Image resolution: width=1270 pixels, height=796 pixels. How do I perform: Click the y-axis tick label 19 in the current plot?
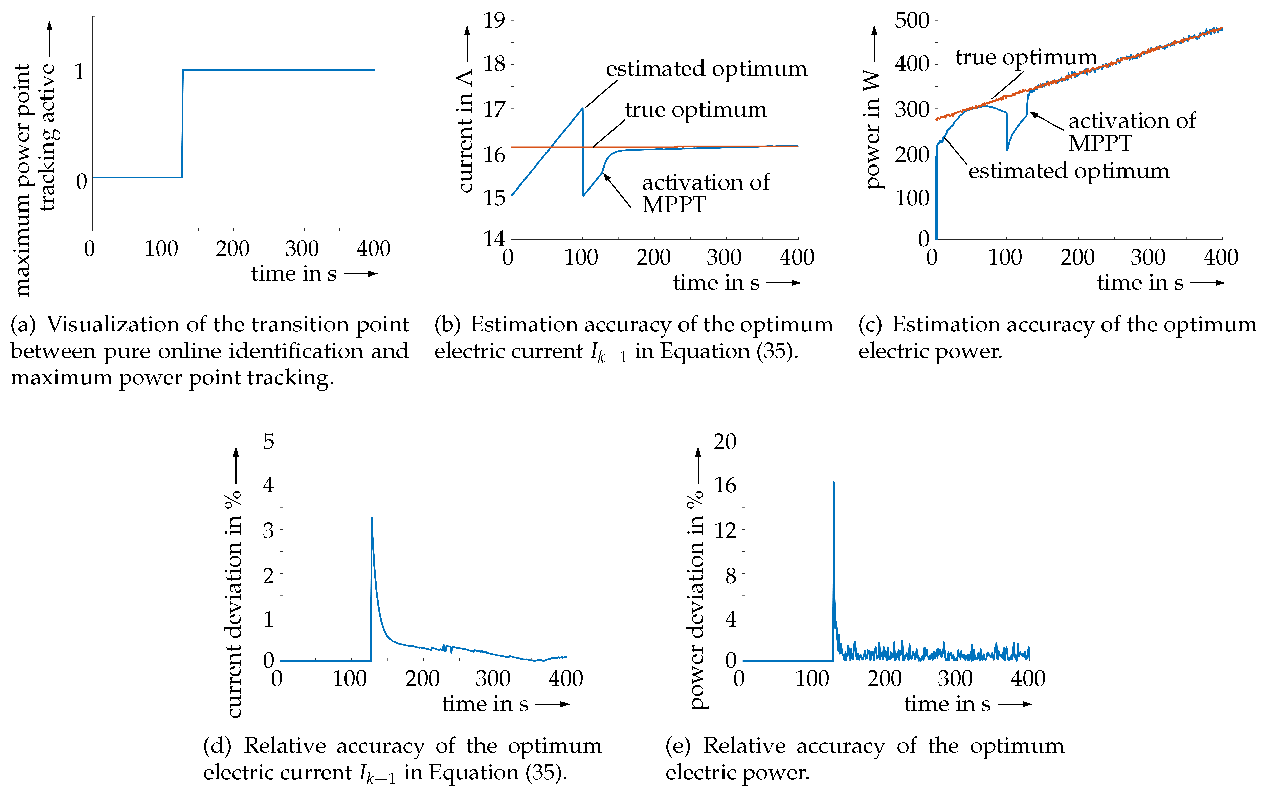tap(494, 21)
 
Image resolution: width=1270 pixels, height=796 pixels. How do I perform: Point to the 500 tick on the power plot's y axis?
tap(912, 21)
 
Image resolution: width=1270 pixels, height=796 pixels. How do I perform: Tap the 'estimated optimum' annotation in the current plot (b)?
tap(706, 69)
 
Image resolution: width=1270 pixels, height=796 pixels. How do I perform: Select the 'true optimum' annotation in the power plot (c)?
tap(1026, 58)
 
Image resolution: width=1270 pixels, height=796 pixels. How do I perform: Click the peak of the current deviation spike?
tap(372, 518)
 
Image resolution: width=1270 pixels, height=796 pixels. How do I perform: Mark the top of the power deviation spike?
tap(834, 482)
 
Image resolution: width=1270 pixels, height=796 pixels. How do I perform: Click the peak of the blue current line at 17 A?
tap(582, 108)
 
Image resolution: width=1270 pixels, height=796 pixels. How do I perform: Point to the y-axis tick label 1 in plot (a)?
tap(79, 72)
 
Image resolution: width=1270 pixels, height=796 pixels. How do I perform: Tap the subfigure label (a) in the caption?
tap(23, 325)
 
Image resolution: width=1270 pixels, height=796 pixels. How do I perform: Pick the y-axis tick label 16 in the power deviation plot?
tap(725, 485)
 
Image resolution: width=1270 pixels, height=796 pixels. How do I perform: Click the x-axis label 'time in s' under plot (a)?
tap(294, 274)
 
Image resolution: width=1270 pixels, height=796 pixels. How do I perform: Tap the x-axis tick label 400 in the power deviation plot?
tap(1027, 679)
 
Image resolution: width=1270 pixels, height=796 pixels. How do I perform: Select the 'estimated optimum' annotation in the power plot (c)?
tap(1068, 171)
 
